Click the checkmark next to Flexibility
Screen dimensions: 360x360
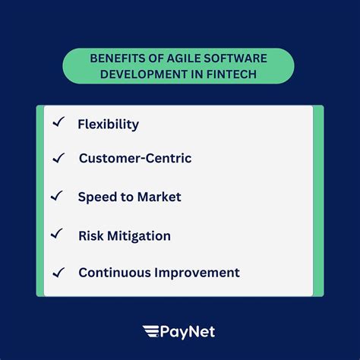[x=58, y=122]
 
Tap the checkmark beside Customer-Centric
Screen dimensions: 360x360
[x=58, y=158]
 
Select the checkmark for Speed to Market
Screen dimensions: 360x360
[x=57, y=196]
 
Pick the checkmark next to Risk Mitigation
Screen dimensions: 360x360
[x=57, y=234]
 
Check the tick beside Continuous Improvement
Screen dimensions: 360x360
[x=58, y=271]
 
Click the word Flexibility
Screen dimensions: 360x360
[x=108, y=124]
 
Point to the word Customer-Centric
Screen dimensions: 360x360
[x=135, y=159]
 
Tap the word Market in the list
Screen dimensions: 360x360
[x=159, y=197]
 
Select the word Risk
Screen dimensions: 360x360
[x=90, y=235]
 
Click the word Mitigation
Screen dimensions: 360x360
[x=139, y=235]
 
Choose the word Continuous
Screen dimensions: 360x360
[x=115, y=273]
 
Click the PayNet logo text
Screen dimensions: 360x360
[x=188, y=330]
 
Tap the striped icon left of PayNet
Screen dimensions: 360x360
[x=150, y=330]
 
